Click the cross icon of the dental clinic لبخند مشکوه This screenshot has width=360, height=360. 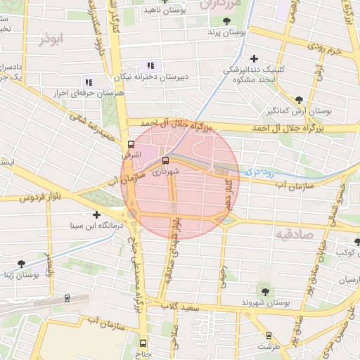(254, 59)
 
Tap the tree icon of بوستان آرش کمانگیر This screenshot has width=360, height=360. (300, 100)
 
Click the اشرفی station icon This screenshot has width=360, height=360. (130, 144)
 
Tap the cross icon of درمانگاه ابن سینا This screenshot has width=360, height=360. (96, 214)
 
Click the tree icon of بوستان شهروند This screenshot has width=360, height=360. (265, 291)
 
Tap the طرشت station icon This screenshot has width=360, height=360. (267, 335)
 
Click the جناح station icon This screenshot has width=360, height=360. (143, 343)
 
